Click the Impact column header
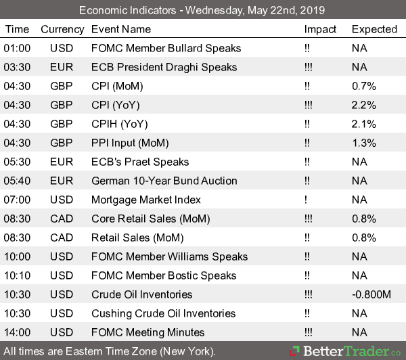click(320, 29)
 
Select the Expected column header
click(374, 29)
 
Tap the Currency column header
click(62, 29)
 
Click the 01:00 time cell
click(17, 48)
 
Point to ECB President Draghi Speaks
click(164, 67)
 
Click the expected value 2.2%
click(363, 105)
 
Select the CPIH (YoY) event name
click(118, 124)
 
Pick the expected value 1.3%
click(363, 143)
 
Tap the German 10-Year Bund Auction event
click(164, 181)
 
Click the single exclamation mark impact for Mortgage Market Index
click(306, 200)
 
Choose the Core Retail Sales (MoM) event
click(150, 219)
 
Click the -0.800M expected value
click(371, 294)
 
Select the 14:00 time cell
click(17, 332)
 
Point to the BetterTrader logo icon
click(294, 351)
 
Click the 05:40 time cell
click(17, 181)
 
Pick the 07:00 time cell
click(17, 200)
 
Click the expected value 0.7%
click(363, 86)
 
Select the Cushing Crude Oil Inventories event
click(163, 313)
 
